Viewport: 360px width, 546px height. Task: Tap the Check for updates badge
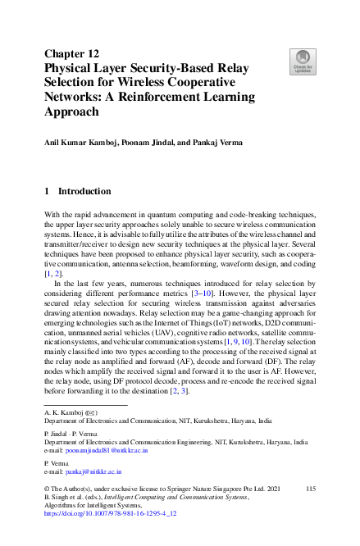pos(303,61)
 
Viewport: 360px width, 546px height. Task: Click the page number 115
pos(310,489)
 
